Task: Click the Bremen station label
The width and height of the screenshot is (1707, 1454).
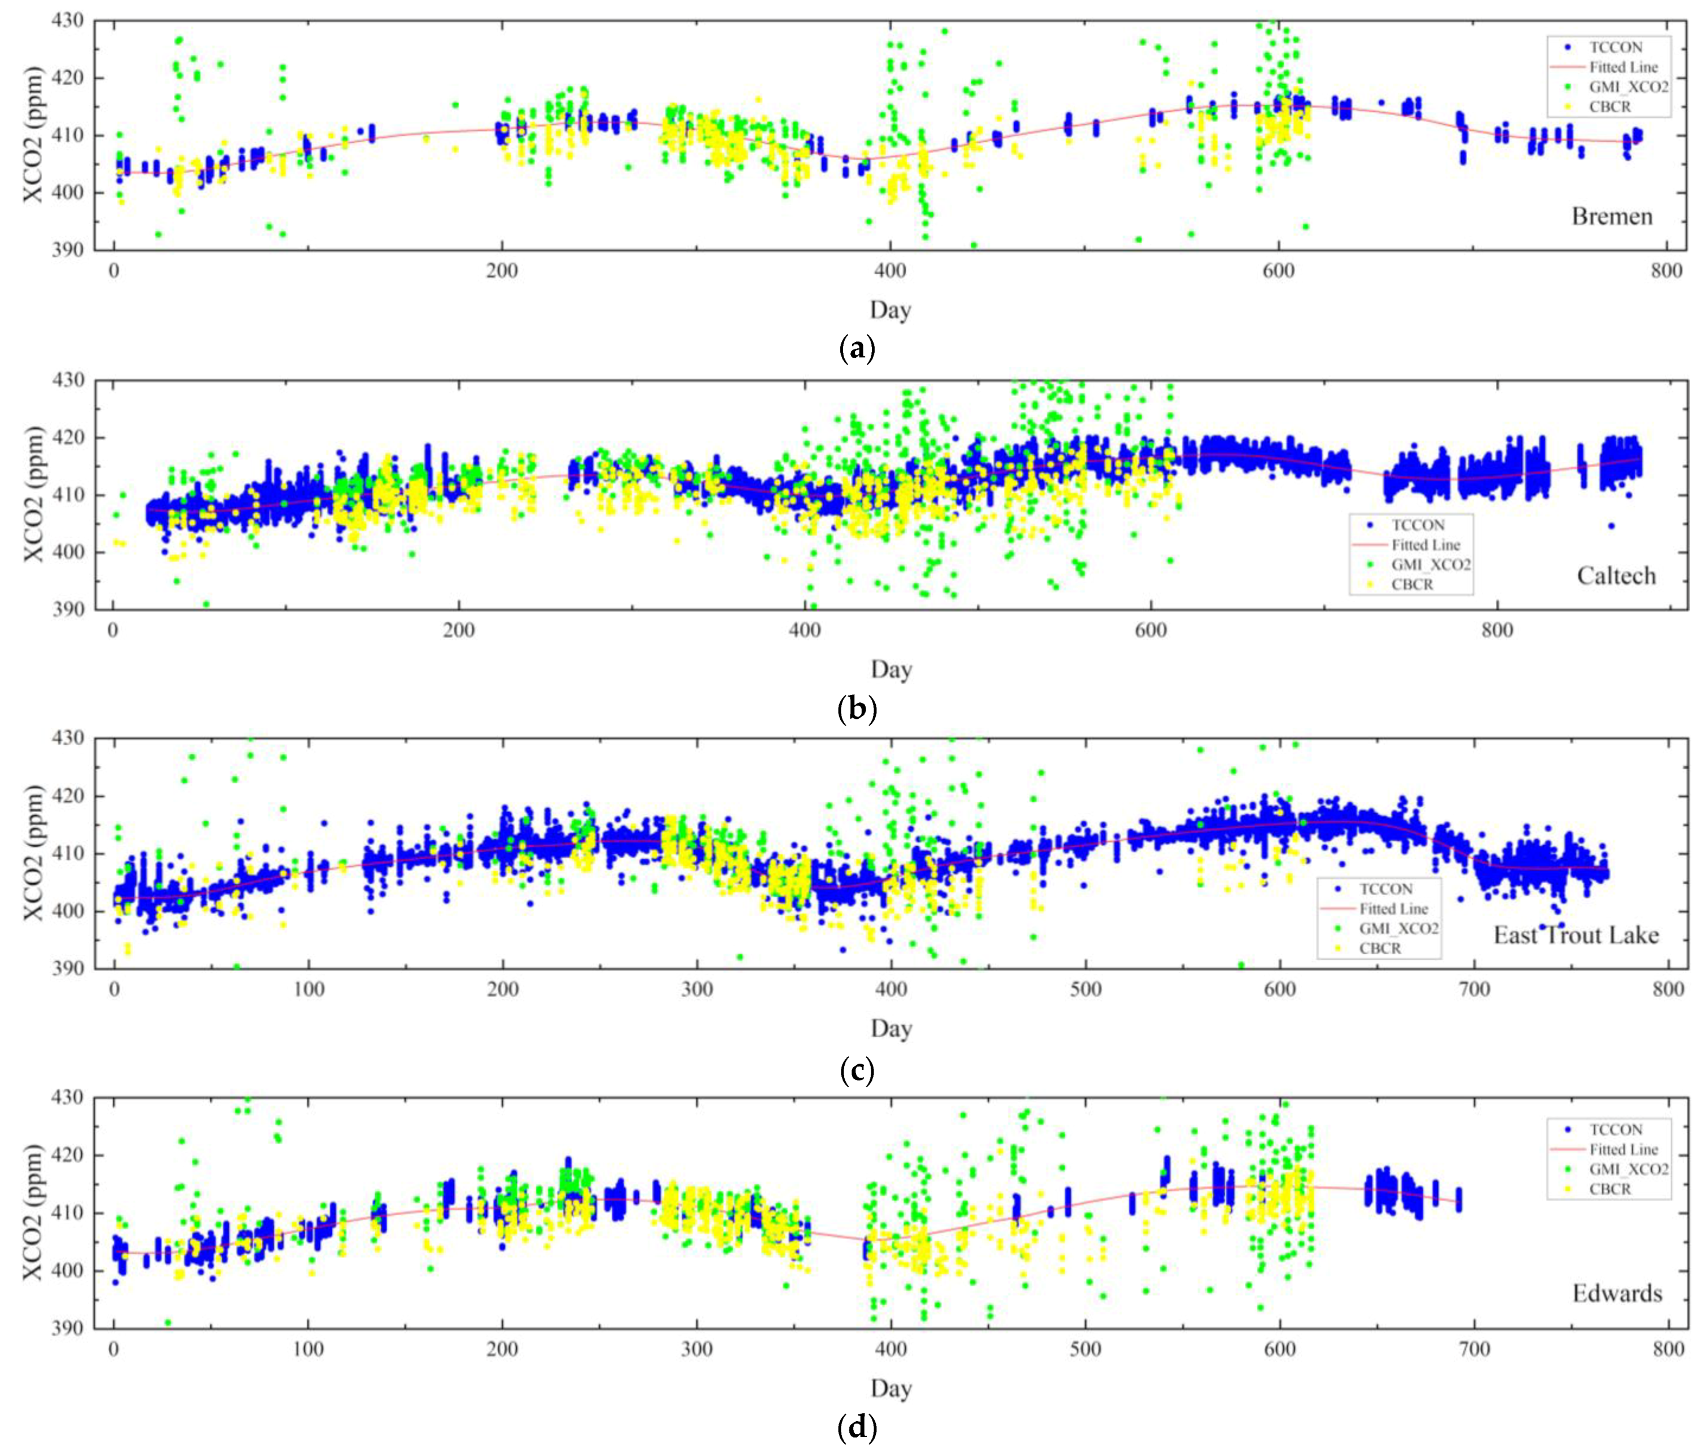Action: coord(1612,217)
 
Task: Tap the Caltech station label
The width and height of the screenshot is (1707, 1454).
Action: coord(1616,576)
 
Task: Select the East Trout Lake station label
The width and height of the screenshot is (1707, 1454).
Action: coord(1575,935)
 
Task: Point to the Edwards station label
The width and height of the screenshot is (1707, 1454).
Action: coord(1616,1293)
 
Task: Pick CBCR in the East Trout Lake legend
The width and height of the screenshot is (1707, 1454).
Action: coord(1380,948)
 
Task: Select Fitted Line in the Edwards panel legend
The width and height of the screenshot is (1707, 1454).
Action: coord(1623,1149)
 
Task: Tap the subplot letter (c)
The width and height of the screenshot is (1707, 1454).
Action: coord(857,1070)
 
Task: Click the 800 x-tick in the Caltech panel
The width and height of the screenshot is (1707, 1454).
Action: coord(1497,631)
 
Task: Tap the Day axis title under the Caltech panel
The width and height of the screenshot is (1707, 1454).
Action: coord(890,670)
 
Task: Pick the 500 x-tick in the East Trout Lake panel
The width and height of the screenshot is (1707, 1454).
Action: coord(1086,990)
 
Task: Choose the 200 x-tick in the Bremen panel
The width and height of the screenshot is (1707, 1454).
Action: coord(502,271)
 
